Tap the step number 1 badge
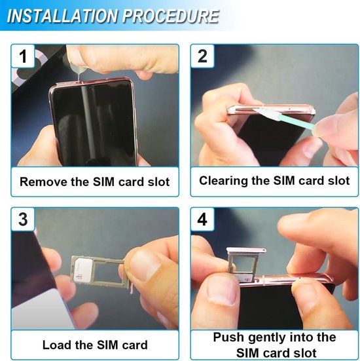click(x=23, y=56)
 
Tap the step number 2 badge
click(x=202, y=56)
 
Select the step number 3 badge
click(x=23, y=219)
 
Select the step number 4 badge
click(x=202, y=219)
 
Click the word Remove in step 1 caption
click(x=41, y=181)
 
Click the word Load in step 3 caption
click(x=56, y=345)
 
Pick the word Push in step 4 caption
click(x=228, y=338)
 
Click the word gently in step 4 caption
click(x=264, y=338)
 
